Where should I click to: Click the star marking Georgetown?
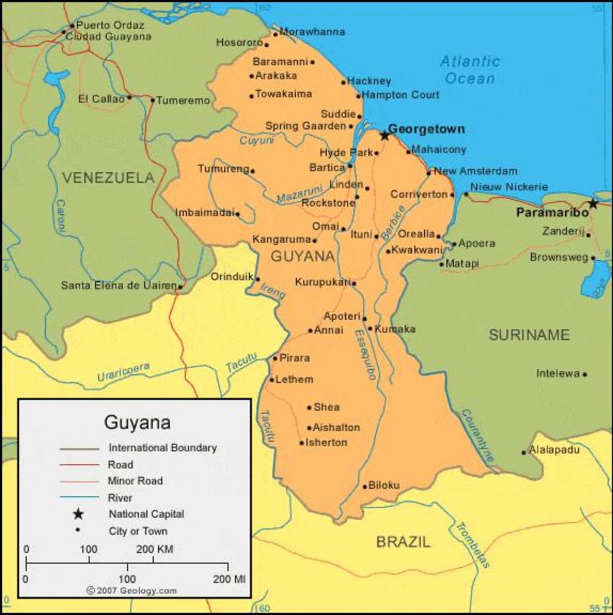[x=385, y=136]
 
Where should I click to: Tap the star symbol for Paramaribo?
[x=593, y=203]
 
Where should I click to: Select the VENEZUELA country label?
[x=108, y=178]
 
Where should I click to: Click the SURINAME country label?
[x=529, y=335]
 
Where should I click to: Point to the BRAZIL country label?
[x=403, y=541]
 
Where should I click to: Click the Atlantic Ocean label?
[x=470, y=70]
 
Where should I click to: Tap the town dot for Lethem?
[x=272, y=380]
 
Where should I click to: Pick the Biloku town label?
[x=384, y=486]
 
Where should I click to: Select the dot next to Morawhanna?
[x=275, y=34]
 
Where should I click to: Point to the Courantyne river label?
[x=478, y=436]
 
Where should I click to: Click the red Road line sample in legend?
[x=79, y=465]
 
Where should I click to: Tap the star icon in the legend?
[x=78, y=514]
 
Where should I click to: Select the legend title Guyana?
[x=137, y=423]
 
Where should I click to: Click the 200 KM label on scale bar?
[x=154, y=550]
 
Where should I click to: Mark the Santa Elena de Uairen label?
[x=119, y=285]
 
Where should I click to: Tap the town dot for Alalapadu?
[x=524, y=452]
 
